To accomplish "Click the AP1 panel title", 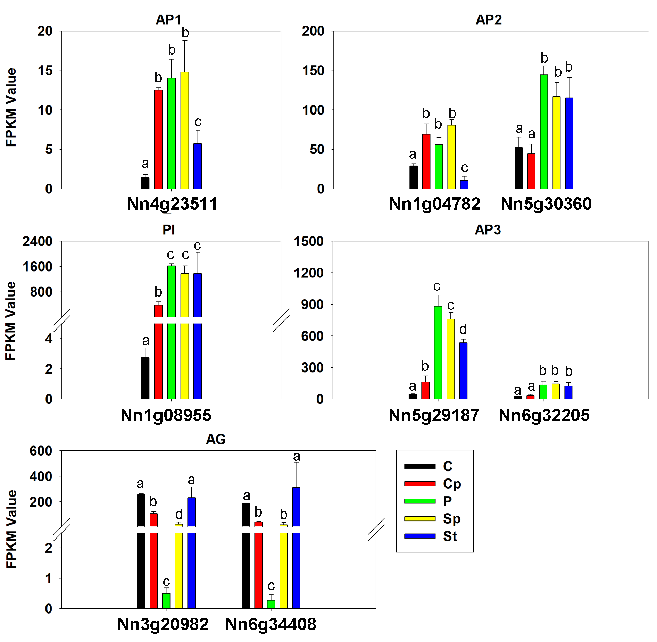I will (x=168, y=20).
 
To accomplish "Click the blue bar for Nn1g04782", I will (x=464, y=184).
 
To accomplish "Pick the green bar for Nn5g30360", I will (x=544, y=132).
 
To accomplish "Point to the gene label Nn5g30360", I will (x=546, y=204).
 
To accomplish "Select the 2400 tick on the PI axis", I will (x=38, y=241).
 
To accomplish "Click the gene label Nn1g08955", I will (x=166, y=415).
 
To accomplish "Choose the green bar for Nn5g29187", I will (x=438, y=352).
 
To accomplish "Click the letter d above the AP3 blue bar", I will (x=463, y=329).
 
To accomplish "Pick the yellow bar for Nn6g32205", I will (x=556, y=391).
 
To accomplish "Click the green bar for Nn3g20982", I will (x=166, y=601).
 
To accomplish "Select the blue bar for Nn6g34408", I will (x=296, y=549).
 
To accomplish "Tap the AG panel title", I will (x=216, y=440).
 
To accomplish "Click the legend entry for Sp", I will (x=451, y=519).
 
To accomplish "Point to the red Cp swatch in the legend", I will (x=420, y=484).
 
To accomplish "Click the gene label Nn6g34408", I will (x=271, y=624).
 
